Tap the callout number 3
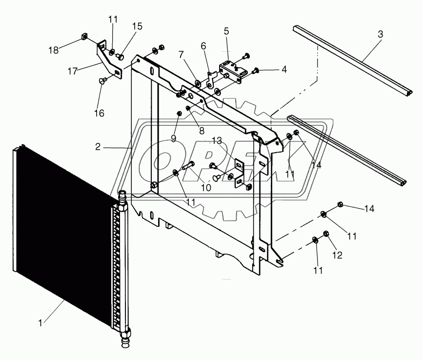[x=380, y=35]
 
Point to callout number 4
[x=283, y=70]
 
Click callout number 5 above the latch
[x=226, y=31]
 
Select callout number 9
[x=173, y=138]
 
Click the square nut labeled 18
[x=83, y=37]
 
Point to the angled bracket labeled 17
[x=105, y=59]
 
